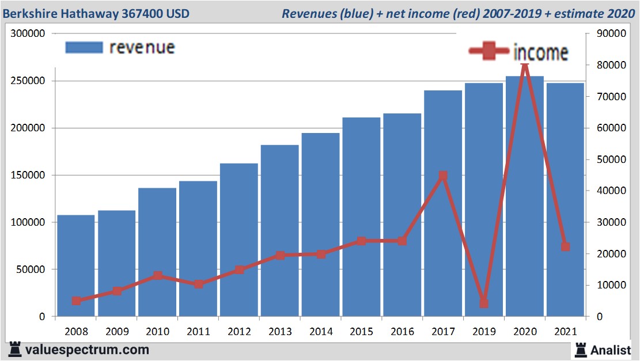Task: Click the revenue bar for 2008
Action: pos(75,265)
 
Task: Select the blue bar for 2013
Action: pos(279,230)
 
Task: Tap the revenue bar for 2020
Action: pos(524,196)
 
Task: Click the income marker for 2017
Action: pos(442,176)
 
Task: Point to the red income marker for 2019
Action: pos(484,303)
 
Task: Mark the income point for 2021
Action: pos(565,246)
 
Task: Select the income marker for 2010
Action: pos(157,275)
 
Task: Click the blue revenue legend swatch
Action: pos(84,47)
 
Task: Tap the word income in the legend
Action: pos(540,52)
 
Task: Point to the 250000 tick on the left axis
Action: pos(28,81)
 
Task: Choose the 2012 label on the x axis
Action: pos(239,332)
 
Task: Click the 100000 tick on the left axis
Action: pos(28,222)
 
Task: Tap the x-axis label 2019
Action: pos(484,332)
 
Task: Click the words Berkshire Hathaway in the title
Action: pos(58,13)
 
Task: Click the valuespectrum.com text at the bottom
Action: pos(87,349)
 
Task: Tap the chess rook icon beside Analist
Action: pos(580,349)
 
